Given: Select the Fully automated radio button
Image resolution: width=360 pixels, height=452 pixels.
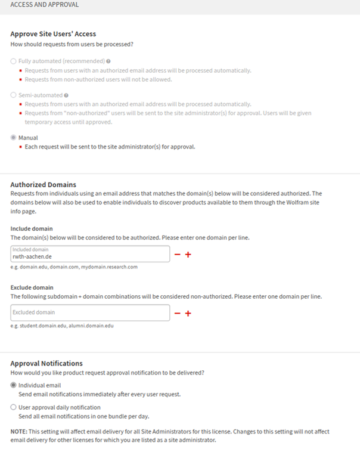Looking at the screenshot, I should pyautogui.click(x=14, y=61).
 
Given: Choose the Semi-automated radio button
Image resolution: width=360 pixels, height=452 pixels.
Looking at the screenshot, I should pyautogui.click(x=14, y=95).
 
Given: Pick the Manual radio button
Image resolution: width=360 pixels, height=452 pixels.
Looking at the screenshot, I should pyautogui.click(x=14, y=138).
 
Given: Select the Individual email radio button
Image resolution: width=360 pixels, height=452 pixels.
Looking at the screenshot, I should pyautogui.click(x=14, y=385).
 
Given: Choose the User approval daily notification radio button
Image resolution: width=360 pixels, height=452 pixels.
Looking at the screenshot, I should pyautogui.click(x=14, y=407).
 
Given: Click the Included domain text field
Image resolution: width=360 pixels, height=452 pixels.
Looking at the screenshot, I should pyautogui.click(x=90, y=254).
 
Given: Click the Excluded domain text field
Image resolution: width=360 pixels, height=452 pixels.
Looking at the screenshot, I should pyautogui.click(x=90, y=312).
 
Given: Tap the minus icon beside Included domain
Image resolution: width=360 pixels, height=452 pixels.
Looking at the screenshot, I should pyautogui.click(x=177, y=255).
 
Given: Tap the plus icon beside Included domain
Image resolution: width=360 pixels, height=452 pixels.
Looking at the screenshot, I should pyautogui.click(x=188, y=255).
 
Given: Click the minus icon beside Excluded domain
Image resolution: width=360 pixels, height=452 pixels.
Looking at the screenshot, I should pyautogui.click(x=177, y=313).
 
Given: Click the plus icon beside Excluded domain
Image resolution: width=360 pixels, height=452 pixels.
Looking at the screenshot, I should pyautogui.click(x=188, y=313).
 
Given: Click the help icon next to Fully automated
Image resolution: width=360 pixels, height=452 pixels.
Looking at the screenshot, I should pyautogui.click(x=108, y=61).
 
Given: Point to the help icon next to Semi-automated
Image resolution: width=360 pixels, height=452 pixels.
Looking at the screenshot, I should pyautogui.click(x=66, y=95).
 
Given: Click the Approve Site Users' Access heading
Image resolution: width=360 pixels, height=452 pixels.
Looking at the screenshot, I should pyautogui.click(x=53, y=34).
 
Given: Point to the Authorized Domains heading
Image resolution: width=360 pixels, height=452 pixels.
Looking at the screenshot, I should pyautogui.click(x=43, y=184).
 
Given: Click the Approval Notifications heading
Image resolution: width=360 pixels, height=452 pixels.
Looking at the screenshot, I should pyautogui.click(x=46, y=363).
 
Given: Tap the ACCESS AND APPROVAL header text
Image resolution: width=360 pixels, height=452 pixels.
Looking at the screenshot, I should pyautogui.click(x=45, y=5).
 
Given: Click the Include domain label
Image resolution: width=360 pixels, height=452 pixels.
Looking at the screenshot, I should pyautogui.click(x=32, y=228).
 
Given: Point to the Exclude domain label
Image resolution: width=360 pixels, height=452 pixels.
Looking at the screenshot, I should pyautogui.click(x=32, y=287).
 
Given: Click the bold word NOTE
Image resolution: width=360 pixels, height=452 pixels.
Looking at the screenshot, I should pyautogui.click(x=20, y=431).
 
